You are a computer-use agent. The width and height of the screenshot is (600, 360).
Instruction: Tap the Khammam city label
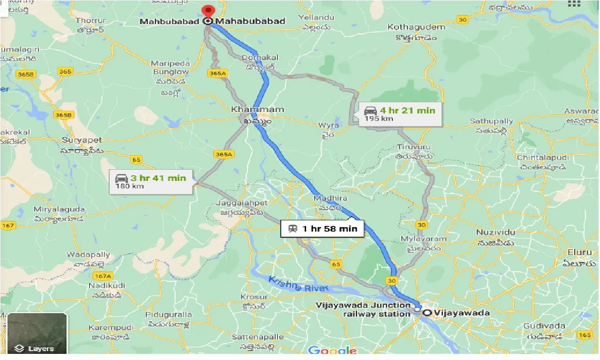(257, 110)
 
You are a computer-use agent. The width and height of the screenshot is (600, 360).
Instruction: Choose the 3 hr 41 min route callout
(151, 181)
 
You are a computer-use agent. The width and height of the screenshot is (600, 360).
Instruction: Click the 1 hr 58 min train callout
(322, 229)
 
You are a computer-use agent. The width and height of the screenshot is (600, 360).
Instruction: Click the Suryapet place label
(82, 140)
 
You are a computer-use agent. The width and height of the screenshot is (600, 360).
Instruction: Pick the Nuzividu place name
(495, 232)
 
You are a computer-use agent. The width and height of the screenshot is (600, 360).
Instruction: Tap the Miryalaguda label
(59, 210)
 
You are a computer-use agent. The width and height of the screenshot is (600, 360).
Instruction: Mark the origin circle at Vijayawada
(427, 313)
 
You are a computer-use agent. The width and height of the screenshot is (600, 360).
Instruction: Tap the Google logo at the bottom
(332, 351)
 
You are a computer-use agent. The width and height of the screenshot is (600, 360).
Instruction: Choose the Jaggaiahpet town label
(241, 203)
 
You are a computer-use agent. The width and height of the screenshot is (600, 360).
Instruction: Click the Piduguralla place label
(168, 315)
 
